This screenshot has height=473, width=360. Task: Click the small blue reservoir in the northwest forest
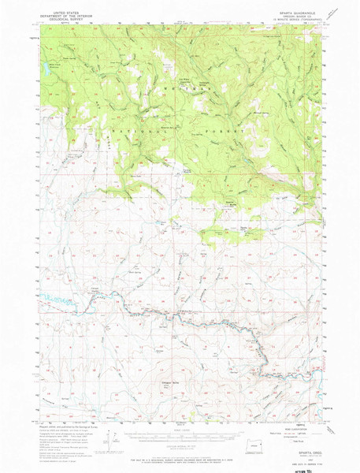pyautogui.click(x=55, y=65)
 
